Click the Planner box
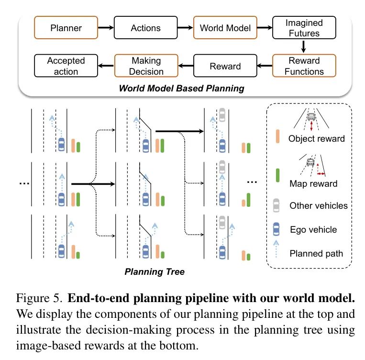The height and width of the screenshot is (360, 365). coord(66,28)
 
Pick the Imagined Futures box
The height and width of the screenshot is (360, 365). coord(304,28)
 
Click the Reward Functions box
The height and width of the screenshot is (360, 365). coord(303,67)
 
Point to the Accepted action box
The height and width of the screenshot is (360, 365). coord(66,66)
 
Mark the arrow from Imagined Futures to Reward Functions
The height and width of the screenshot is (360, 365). coord(303,46)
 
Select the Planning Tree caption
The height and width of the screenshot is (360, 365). coord(154,272)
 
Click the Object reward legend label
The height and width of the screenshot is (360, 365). coord(316,139)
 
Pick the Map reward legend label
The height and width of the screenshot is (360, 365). coord(313,183)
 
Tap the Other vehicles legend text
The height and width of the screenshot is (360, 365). coord(319,206)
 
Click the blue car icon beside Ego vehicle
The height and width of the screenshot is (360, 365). coord(276,229)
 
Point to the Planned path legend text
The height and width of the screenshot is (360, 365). coord(316,253)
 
